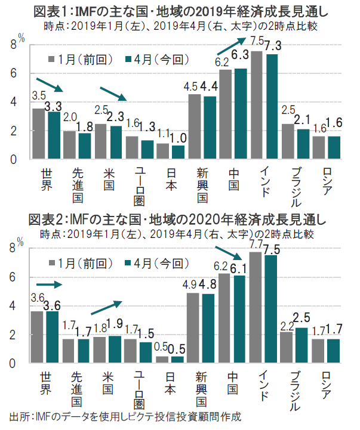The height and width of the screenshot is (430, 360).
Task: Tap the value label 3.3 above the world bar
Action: tap(54, 106)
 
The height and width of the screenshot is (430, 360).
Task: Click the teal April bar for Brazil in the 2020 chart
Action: tap(303, 345)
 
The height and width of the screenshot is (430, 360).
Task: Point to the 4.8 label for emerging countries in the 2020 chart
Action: tap(210, 284)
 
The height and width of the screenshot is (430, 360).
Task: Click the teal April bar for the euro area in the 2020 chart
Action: tap(147, 352)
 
